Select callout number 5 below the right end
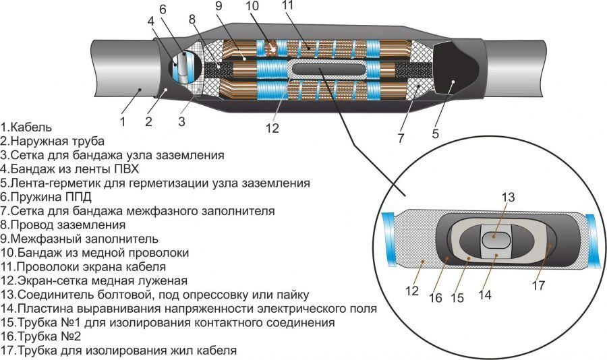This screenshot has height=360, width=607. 435,133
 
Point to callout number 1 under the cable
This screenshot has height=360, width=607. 123,122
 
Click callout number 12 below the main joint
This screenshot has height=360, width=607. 272,127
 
